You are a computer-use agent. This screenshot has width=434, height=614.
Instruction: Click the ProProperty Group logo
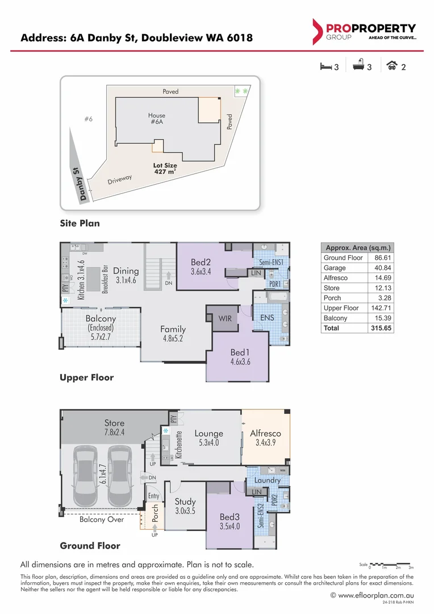364,31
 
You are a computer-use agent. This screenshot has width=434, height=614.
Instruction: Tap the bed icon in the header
325,67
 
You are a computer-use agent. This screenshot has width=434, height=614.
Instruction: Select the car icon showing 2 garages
391,67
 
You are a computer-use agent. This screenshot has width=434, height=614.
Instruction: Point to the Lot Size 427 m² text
165,168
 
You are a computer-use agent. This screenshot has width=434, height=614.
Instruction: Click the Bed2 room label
201,262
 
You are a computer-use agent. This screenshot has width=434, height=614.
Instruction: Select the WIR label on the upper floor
225,319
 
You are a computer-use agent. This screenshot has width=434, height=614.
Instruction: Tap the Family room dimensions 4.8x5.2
173,339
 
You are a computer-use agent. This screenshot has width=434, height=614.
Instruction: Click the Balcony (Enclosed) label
101,328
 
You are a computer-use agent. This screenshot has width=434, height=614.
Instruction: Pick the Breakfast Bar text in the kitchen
105,279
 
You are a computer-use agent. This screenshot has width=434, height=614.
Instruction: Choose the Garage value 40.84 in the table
380,268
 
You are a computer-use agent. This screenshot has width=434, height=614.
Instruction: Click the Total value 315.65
380,328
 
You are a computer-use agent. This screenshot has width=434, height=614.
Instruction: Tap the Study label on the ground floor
185,501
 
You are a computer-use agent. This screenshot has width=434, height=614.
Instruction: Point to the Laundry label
268,480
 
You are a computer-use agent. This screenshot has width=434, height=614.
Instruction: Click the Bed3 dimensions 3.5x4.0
230,526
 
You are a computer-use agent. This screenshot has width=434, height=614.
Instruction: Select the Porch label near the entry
155,513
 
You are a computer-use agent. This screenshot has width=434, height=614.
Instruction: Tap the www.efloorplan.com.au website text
375,595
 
